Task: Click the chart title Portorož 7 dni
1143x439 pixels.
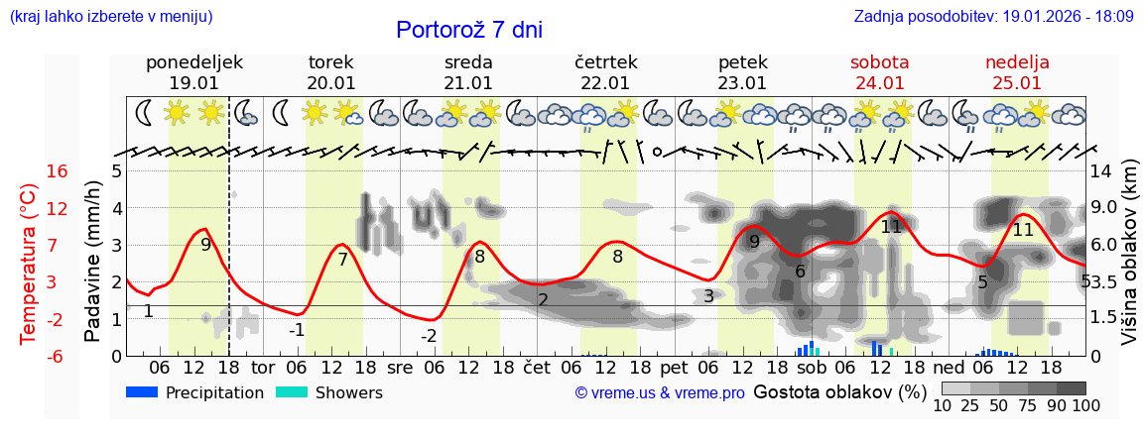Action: point(468,30)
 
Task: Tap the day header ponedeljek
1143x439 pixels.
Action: point(193,62)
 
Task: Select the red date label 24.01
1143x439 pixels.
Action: point(879,83)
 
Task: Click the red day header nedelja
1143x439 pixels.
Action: point(1016,62)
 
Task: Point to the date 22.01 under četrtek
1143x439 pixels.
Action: point(605,83)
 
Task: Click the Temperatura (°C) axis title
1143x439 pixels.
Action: point(29,264)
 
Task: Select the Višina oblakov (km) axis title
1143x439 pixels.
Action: point(1129,264)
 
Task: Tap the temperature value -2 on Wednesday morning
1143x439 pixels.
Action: point(429,336)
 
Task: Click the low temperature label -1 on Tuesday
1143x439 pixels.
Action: point(297,330)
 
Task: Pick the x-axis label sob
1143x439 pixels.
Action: point(811,367)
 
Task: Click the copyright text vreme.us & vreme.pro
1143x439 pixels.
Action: point(660,393)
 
